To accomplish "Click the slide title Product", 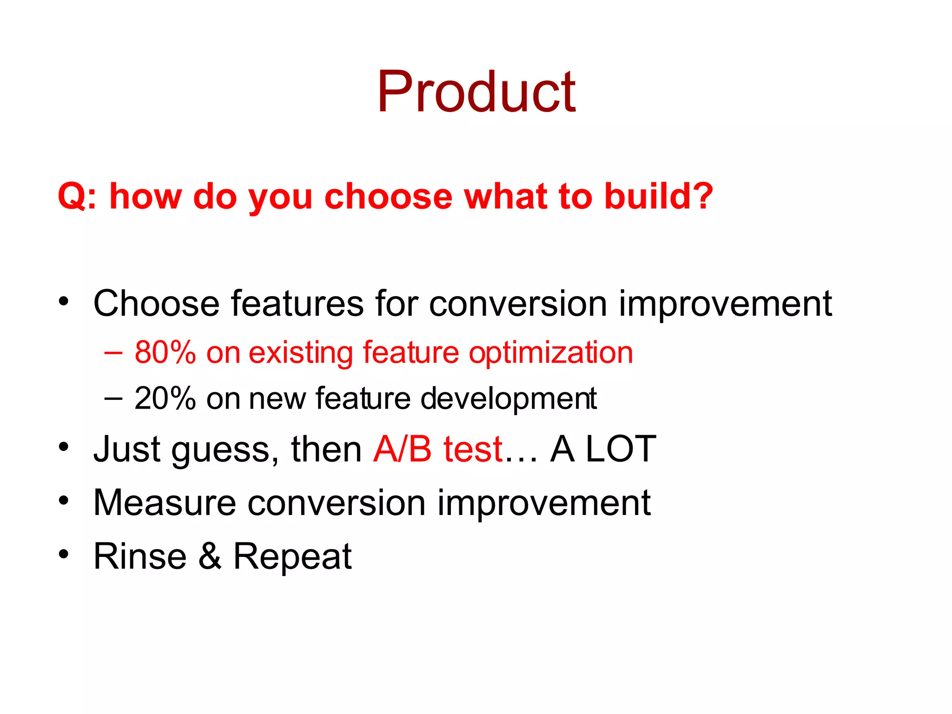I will coord(476,92).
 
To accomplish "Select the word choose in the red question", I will coord(388,196).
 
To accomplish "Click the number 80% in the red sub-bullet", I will coord(165,352).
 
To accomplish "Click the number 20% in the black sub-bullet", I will coord(165,399).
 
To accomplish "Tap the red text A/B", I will coord(403,450).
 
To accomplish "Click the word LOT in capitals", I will coord(621,450).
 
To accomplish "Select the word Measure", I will coord(165,503).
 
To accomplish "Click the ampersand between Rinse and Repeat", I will coord(210,556).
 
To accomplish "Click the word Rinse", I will coord(140,556).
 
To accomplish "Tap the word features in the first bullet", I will coord(297,304).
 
